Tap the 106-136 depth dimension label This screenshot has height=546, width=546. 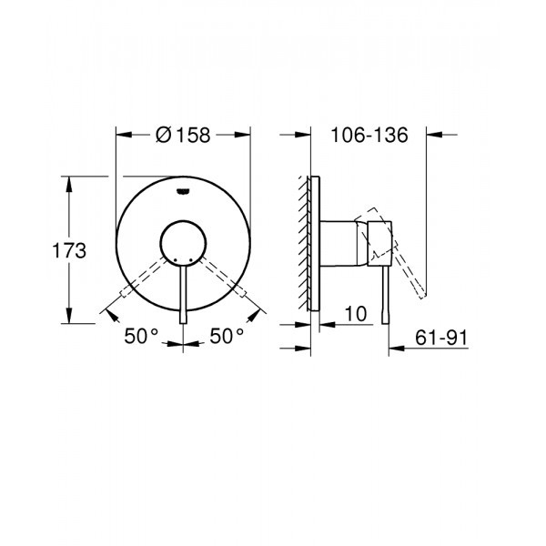coord(367,135)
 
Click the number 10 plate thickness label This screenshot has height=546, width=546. coord(356,313)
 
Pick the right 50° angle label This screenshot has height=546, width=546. coord(227,337)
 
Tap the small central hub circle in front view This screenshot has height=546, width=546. coord(184,243)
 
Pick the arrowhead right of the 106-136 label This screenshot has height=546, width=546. coord(435,135)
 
